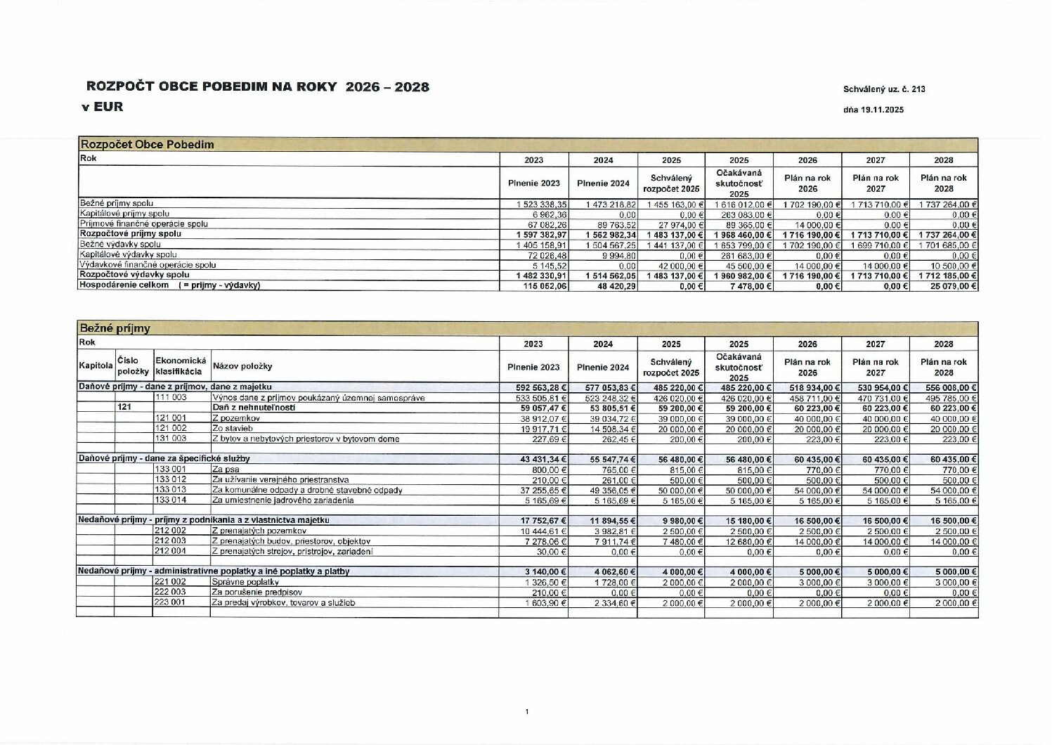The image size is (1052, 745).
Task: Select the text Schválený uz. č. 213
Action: tap(884, 89)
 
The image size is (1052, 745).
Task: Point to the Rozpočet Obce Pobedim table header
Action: tap(147, 145)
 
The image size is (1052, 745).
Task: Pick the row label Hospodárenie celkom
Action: tap(124, 285)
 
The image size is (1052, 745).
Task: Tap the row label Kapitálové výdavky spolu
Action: tap(128, 254)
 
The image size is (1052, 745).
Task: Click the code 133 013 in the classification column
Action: tap(170, 490)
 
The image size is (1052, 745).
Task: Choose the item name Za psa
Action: tap(225, 469)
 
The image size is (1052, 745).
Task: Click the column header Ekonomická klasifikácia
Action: tap(181, 365)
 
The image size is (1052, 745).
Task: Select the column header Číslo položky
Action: tap(133, 365)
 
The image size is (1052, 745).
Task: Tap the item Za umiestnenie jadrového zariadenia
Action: tap(283, 500)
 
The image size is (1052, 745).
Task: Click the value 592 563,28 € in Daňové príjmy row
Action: tap(543, 387)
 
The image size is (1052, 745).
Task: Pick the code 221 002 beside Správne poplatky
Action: tap(170, 582)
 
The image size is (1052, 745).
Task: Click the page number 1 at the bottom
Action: tap(526, 712)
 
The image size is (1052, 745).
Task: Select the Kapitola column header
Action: tap(96, 365)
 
